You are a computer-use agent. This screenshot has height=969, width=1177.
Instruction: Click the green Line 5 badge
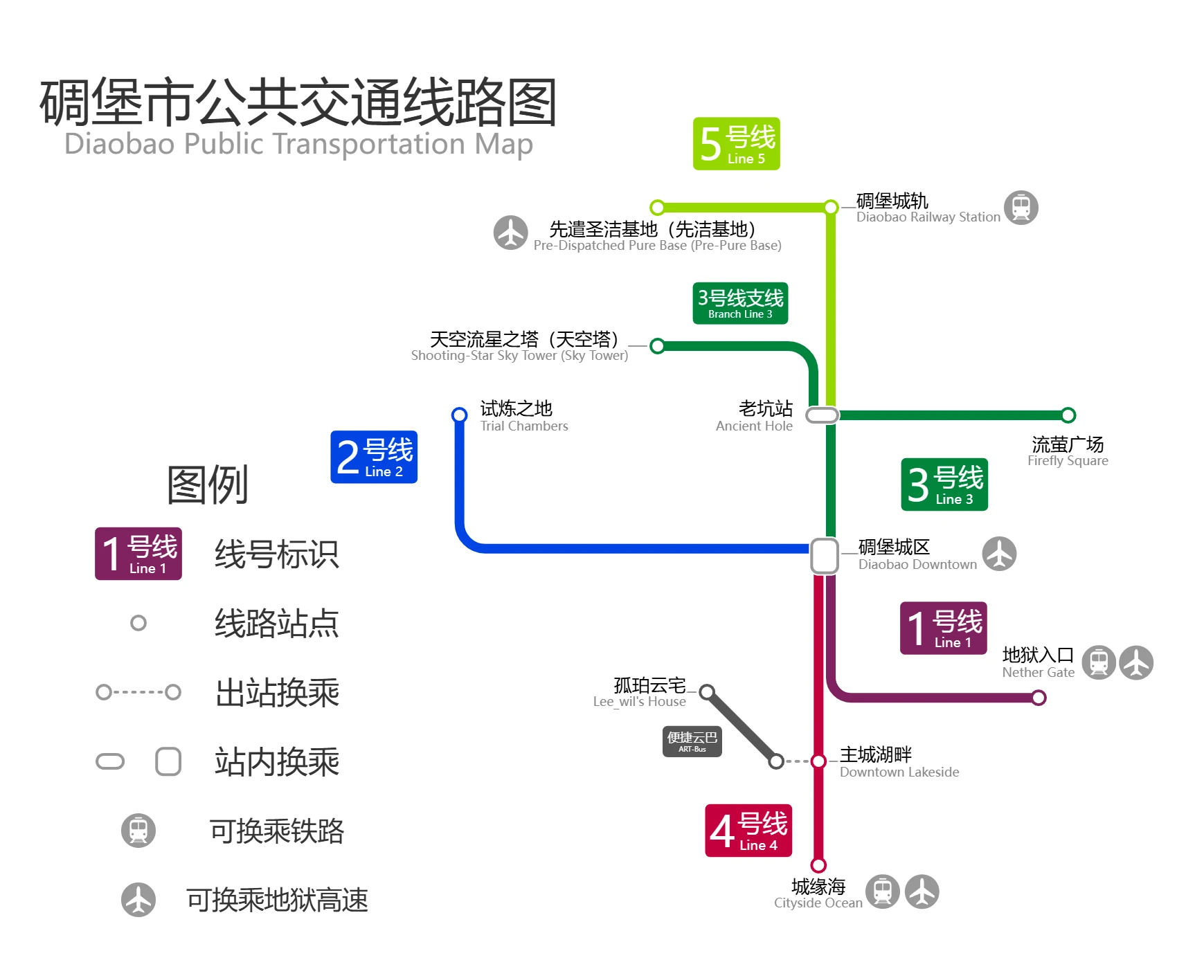coord(736,144)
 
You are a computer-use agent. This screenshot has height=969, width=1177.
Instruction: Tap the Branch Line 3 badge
coord(740,303)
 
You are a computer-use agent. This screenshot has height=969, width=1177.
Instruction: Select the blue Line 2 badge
coord(374,457)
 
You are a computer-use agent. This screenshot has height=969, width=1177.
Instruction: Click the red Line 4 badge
coord(748,831)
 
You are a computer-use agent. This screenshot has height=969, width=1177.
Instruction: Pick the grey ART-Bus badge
coord(692,741)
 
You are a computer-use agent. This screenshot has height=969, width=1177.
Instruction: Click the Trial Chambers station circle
coord(459,415)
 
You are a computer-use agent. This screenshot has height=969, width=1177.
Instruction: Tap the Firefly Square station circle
coord(1068,415)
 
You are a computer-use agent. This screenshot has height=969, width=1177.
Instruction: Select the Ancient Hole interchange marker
coord(823,415)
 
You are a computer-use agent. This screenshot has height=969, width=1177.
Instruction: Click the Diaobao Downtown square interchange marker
coord(825,555)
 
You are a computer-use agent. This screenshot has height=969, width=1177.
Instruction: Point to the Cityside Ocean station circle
coord(818,865)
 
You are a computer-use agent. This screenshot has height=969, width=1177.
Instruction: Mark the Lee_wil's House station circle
coord(707,692)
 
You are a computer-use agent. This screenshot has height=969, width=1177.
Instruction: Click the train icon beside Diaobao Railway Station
coord(1021,208)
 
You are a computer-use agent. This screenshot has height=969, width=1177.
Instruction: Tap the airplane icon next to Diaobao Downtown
coord(999,554)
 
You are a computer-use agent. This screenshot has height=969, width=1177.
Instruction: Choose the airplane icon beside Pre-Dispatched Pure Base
coord(511,233)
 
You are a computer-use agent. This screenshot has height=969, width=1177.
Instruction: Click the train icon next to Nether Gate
coord(1099,662)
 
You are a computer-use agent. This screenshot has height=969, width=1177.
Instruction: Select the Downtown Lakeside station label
coord(899,762)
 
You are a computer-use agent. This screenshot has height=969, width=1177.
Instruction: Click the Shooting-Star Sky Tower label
coord(520,346)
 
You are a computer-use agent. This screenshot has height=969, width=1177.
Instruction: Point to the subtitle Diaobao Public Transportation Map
coord(298,144)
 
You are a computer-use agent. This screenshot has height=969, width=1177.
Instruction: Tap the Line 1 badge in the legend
coord(138,554)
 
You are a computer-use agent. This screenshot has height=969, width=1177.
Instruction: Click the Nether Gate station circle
coord(1039,698)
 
